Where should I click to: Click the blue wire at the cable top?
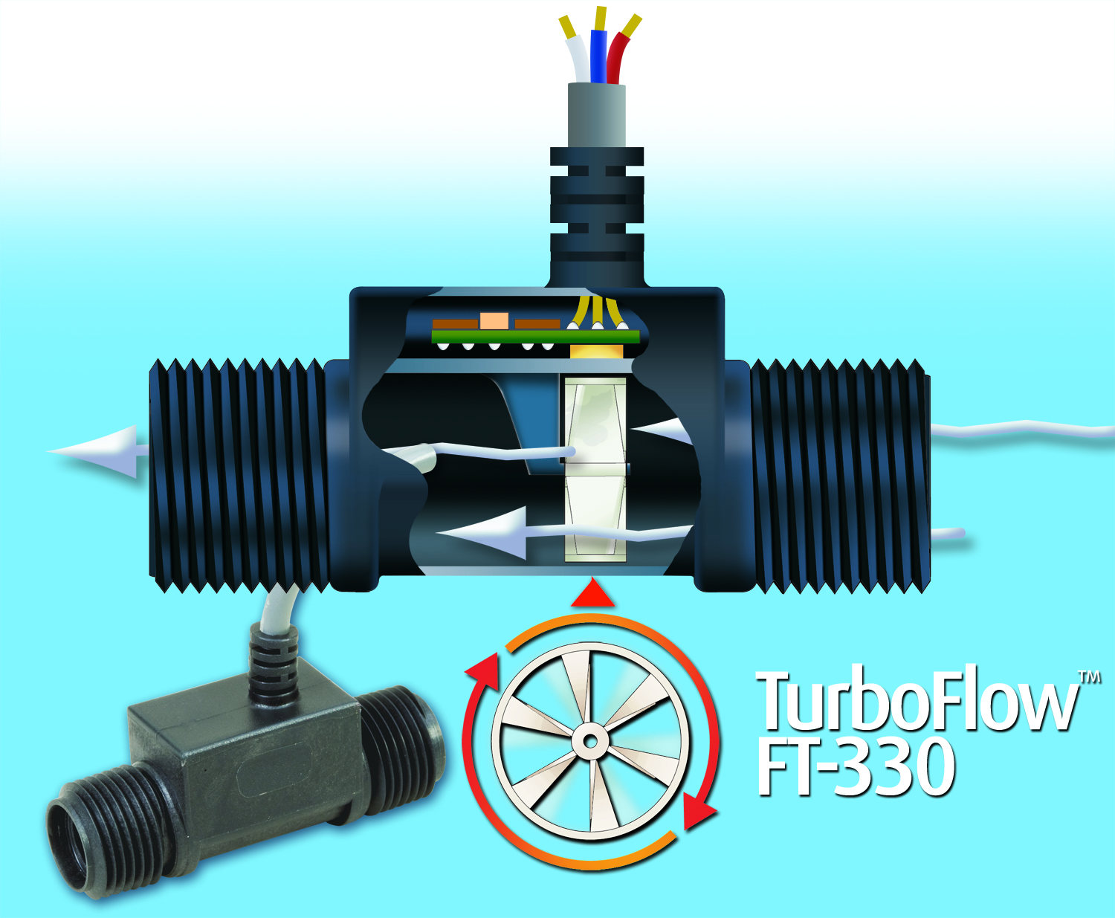point(598,56)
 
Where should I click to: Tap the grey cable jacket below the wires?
point(596,114)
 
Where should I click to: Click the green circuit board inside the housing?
point(535,336)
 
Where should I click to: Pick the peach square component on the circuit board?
point(494,321)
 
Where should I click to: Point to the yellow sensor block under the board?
point(597,350)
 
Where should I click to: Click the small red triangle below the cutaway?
point(592,592)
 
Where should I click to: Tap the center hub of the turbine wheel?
point(590,741)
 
